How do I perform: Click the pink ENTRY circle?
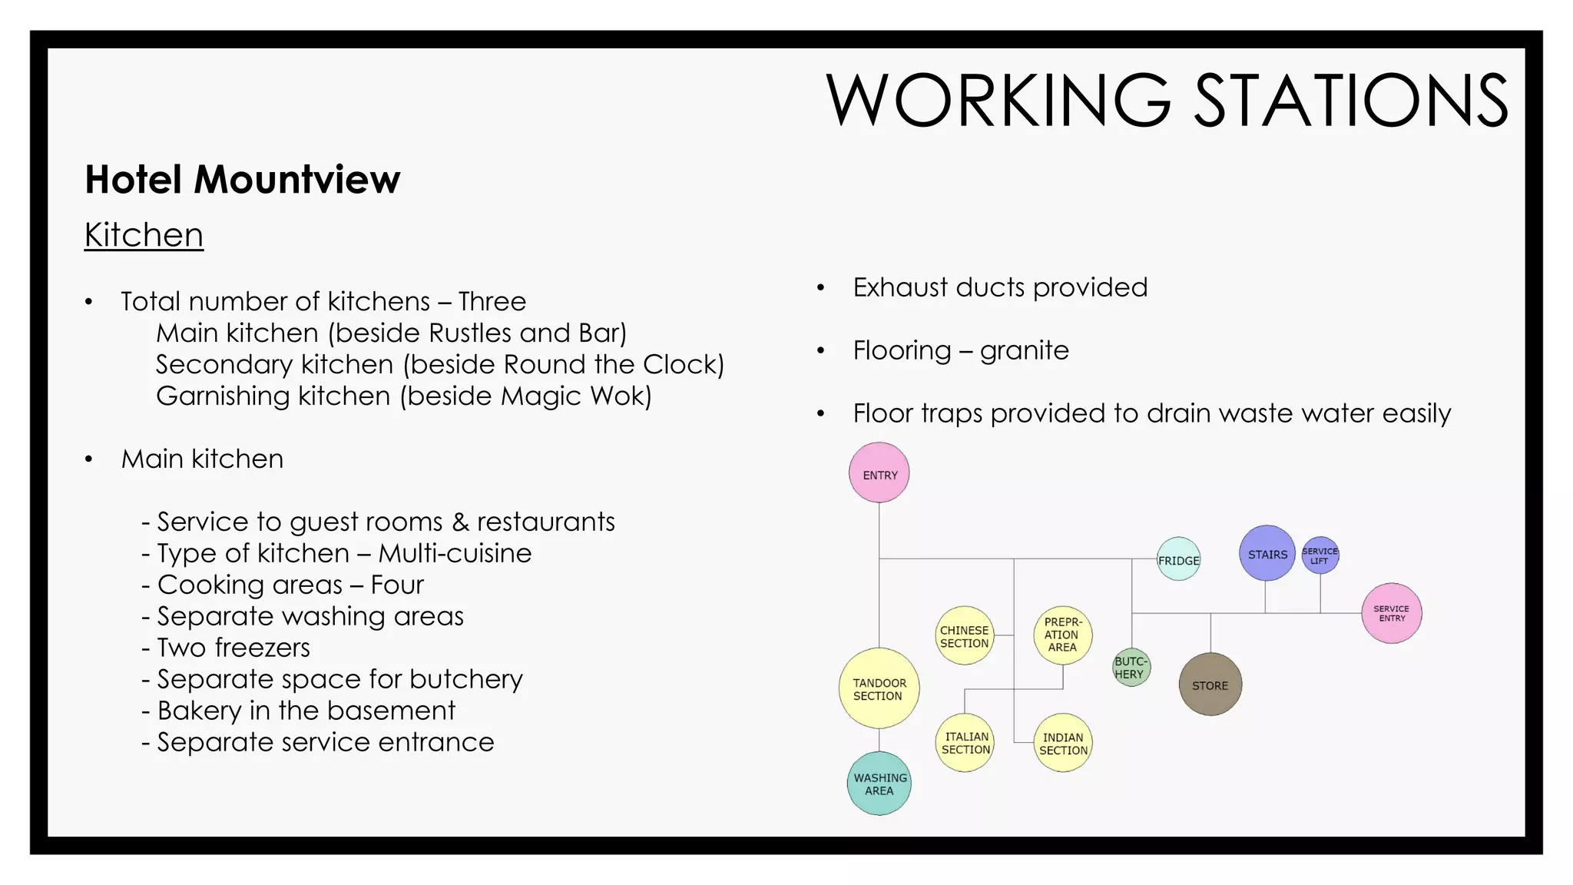coord(879,473)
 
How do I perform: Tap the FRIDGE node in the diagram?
coord(1178,559)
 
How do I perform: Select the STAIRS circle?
coord(1267,554)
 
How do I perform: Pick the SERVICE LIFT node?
coord(1320,555)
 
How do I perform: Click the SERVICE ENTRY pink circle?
coord(1392,613)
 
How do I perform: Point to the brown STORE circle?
coord(1210,684)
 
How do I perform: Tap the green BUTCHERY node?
coord(1131,668)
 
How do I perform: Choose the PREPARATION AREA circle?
coord(1063,635)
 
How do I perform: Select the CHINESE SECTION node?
coord(965,636)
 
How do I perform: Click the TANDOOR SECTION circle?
coord(879,688)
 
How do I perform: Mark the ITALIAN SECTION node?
coord(965,743)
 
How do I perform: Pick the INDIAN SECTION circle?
coord(1063,743)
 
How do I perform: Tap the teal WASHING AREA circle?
coord(879,784)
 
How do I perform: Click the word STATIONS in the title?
coord(1351,101)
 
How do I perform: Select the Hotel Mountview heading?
coord(242,180)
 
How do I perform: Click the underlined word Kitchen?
coord(144,235)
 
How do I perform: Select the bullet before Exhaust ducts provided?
coord(820,288)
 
